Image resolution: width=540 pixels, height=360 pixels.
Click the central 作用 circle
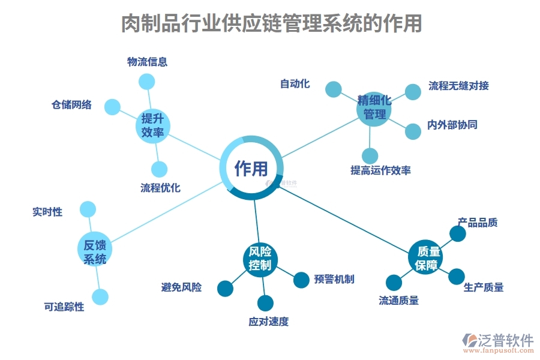(251, 169)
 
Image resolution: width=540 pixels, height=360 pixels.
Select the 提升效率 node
(152, 126)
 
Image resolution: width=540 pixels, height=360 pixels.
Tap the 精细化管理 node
(374, 107)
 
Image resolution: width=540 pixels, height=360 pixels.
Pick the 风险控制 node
(260, 259)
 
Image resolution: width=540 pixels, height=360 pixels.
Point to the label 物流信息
(147, 61)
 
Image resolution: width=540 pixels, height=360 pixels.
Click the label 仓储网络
(71, 105)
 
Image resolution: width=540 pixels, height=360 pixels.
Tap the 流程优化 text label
(160, 188)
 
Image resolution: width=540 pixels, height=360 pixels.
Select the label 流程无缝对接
(458, 85)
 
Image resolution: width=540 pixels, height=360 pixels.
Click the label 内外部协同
(452, 125)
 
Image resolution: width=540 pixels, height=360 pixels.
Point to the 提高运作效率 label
(380, 170)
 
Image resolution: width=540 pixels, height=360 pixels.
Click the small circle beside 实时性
(88, 209)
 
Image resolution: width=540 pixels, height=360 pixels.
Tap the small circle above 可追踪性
(100, 296)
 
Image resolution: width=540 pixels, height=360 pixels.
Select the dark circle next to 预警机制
(301, 280)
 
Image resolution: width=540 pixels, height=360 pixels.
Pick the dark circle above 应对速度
(265, 303)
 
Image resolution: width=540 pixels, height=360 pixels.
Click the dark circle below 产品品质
(458, 234)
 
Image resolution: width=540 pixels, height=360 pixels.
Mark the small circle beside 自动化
(333, 89)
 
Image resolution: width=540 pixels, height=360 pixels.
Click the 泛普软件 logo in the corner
(497, 342)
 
